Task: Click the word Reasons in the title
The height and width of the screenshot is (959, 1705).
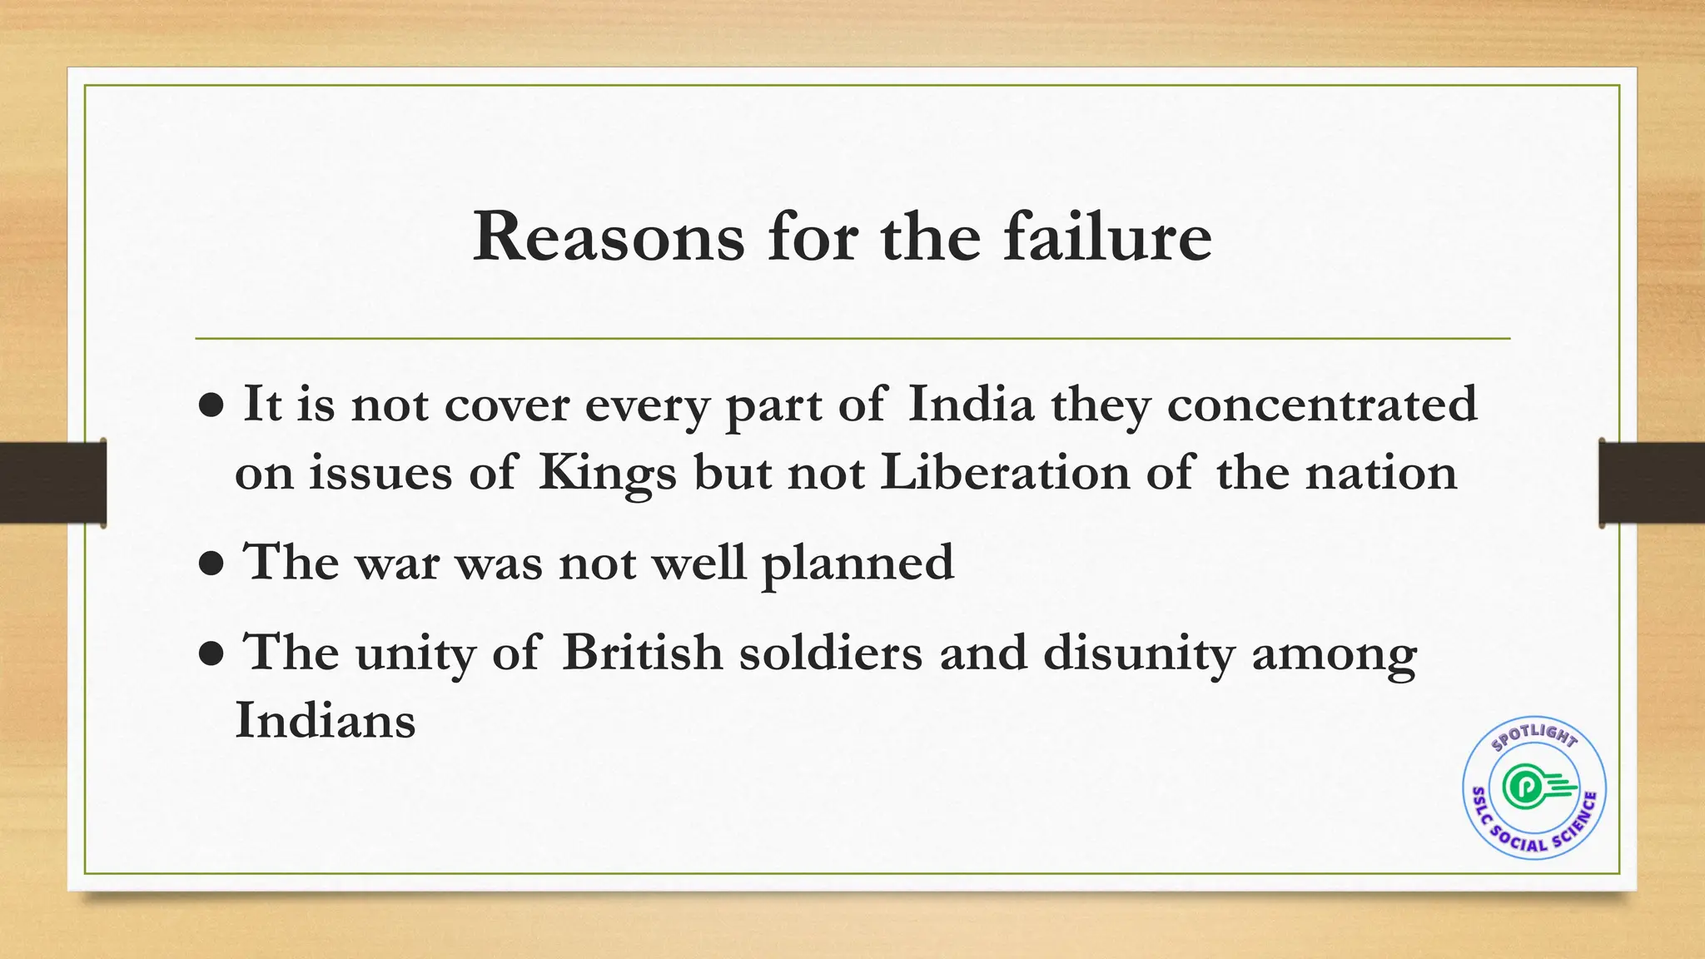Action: pyautogui.click(x=609, y=238)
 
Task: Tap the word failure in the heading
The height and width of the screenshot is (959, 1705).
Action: pyautogui.click(x=1107, y=238)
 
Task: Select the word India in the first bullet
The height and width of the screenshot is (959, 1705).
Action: pyautogui.click(x=971, y=405)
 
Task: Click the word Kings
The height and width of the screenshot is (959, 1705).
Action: pyautogui.click(x=607, y=473)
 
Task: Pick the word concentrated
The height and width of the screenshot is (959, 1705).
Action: pyautogui.click(x=1322, y=405)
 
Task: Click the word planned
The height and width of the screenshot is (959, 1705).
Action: pyautogui.click(x=857, y=563)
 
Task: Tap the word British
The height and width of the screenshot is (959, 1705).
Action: pyautogui.click(x=642, y=652)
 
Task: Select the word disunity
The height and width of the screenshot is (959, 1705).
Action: pyautogui.click(x=1139, y=652)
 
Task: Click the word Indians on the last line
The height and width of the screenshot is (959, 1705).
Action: pyautogui.click(x=326, y=720)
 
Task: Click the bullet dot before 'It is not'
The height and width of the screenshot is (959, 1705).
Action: pyautogui.click(x=212, y=406)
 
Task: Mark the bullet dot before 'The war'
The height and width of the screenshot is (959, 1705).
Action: pyautogui.click(x=212, y=564)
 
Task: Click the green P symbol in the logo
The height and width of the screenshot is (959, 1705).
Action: pyautogui.click(x=1524, y=786)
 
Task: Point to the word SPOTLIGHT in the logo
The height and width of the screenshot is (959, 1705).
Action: pyautogui.click(x=1534, y=736)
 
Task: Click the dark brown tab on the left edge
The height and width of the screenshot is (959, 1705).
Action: pyautogui.click(x=52, y=483)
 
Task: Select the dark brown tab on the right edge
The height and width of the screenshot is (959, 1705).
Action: pyautogui.click(x=1652, y=483)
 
